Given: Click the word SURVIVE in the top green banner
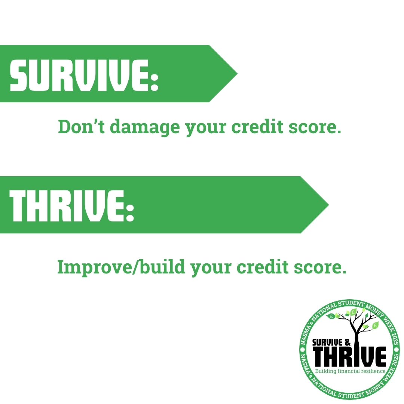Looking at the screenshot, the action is tap(79, 75).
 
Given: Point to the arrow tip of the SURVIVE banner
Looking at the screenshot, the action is tap(237, 74).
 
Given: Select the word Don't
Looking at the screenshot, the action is tap(82, 126).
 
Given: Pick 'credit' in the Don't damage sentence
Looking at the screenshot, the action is tap(257, 126).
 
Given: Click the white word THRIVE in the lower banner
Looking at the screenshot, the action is tap(67, 206).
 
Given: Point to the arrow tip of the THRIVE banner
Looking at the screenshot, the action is tap(328, 205).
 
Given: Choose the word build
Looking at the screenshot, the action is tap(162, 266).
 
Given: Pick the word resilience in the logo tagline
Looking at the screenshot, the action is tap(373, 371).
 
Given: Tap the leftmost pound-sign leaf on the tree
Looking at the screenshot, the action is tap(331, 316).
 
